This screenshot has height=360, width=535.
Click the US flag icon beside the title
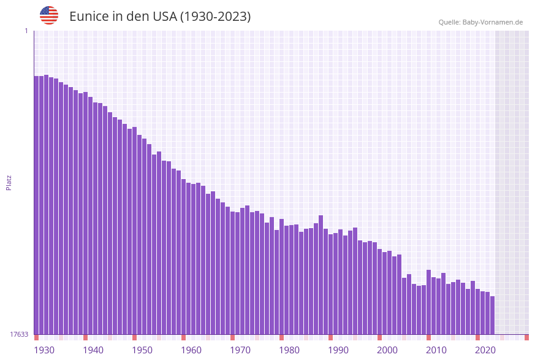point(49,15)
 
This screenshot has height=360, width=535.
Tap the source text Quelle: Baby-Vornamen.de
point(480,22)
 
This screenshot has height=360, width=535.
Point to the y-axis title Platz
point(9,182)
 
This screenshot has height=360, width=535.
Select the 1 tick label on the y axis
point(26,31)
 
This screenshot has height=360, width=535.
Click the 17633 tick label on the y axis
point(19,334)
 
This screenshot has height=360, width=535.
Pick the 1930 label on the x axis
point(44,350)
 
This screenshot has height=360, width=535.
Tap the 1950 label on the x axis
point(142,350)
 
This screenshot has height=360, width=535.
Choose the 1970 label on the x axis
point(240,350)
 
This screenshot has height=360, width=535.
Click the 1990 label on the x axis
point(338,350)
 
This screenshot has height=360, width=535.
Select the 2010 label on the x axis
point(436,350)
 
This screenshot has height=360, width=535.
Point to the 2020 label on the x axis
point(485,350)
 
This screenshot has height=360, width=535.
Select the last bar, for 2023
point(492,315)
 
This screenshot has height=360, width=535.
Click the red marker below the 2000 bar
point(379,337)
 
